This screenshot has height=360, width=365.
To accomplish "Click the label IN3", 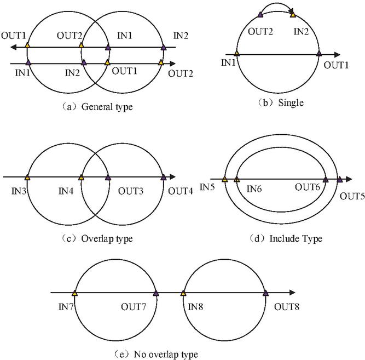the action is (x=19, y=191).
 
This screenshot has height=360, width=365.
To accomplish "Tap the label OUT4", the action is (x=181, y=191).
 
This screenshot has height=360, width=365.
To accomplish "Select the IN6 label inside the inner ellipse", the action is (x=254, y=189).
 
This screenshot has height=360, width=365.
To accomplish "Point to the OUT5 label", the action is (x=352, y=196).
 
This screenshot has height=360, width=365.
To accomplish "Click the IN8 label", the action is (x=195, y=307).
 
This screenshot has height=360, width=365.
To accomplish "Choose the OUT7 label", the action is (x=134, y=307).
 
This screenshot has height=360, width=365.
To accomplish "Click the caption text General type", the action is (x=107, y=107).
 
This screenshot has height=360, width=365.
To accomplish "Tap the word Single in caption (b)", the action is (x=291, y=102).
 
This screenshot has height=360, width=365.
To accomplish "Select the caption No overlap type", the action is (x=166, y=355).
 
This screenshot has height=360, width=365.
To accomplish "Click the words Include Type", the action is (x=296, y=238).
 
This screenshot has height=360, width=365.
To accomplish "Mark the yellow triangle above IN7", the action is (x=74, y=293).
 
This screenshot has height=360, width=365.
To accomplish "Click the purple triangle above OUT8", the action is (x=265, y=293).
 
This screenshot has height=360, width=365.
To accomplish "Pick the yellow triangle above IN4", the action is (x=81, y=178).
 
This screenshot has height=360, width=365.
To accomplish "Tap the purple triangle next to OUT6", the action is (x=326, y=179).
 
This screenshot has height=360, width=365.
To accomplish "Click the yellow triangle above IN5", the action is (x=224, y=179).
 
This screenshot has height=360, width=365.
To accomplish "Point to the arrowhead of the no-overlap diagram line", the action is (x=293, y=293).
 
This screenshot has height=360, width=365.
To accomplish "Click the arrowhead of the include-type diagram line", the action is (x=349, y=179).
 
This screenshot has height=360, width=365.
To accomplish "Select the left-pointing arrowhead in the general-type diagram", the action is (x=13, y=47).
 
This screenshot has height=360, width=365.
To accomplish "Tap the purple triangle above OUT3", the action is (x=108, y=178).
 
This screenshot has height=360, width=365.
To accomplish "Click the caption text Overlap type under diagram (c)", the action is (x=107, y=238).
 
